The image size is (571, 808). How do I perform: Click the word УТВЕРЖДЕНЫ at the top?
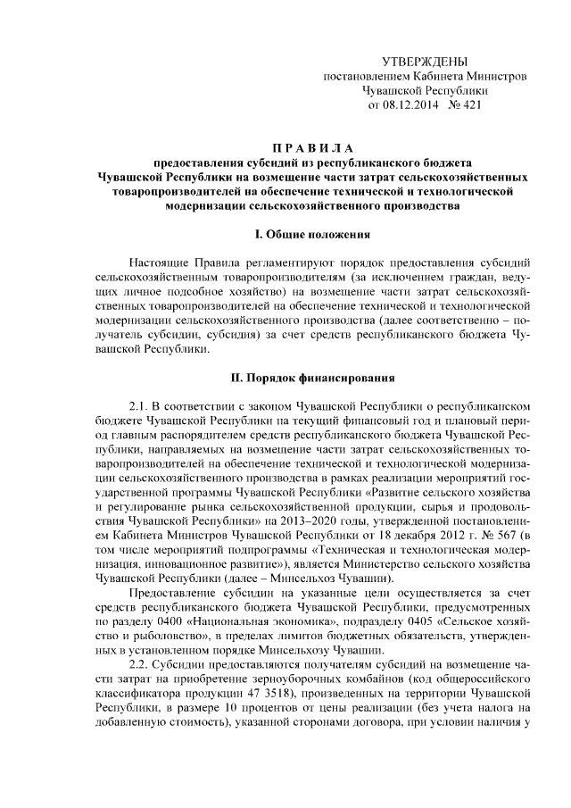pyautogui.click(x=424, y=61)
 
